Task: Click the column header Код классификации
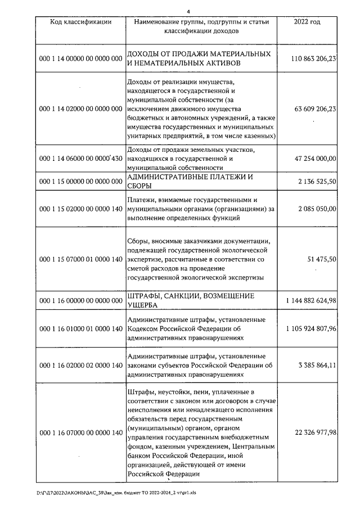tap(80, 22)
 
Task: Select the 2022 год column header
tap(307, 22)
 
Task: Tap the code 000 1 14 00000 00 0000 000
tap(80, 58)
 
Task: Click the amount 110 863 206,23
tap(314, 58)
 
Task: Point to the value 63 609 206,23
tap(315, 109)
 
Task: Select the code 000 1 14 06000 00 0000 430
tap(80, 159)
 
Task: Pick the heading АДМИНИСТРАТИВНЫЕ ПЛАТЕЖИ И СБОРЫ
tap(190, 182)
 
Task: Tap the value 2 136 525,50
tap(318, 182)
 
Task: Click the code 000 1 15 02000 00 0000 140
tap(80, 209)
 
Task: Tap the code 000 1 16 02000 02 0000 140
tap(80, 366)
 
